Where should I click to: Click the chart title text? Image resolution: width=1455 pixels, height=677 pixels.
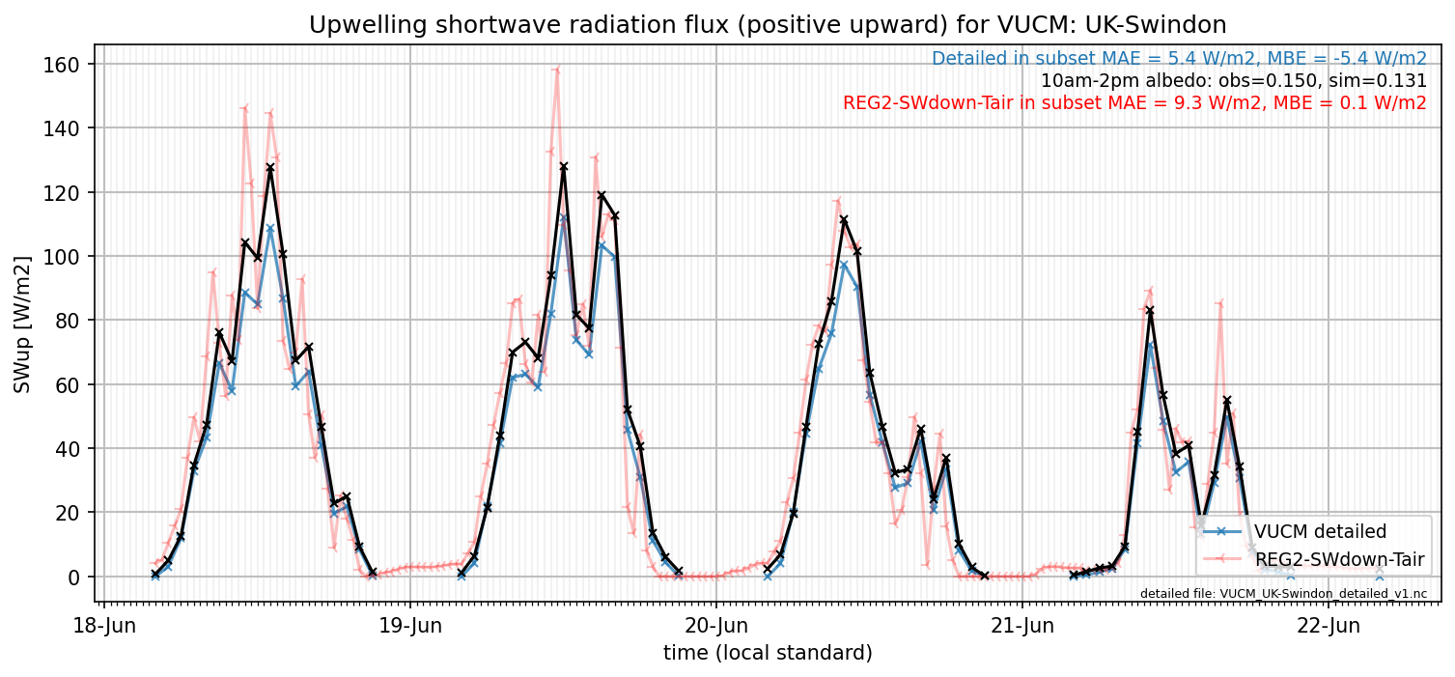(x=768, y=25)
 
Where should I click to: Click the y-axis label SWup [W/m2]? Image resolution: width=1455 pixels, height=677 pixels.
(x=21, y=324)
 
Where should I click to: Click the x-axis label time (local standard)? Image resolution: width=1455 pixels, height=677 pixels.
(x=768, y=652)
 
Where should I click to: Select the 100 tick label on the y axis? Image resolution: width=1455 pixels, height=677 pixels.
(x=61, y=257)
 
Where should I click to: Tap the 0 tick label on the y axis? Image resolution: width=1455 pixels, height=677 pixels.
(x=72, y=577)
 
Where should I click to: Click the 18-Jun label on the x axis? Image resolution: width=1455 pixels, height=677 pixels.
(x=104, y=626)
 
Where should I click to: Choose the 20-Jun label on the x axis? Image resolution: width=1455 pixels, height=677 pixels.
(x=716, y=626)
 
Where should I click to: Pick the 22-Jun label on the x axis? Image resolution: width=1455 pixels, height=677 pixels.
(x=1329, y=626)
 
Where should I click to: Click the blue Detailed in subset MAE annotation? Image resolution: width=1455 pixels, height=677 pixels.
(x=1179, y=59)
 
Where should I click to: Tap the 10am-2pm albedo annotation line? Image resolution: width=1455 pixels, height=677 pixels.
(x=1234, y=80)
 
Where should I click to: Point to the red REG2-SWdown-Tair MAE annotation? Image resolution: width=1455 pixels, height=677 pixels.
(x=1134, y=102)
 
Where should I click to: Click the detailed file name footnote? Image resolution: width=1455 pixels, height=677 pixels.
(x=1283, y=593)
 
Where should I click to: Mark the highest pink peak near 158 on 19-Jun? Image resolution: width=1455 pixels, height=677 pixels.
(x=557, y=69)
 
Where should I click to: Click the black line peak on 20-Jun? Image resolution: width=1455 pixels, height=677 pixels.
(x=844, y=220)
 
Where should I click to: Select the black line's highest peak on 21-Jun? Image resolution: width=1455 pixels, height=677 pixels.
(x=1150, y=311)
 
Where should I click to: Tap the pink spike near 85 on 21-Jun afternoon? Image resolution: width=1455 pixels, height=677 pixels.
(x=1220, y=302)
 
